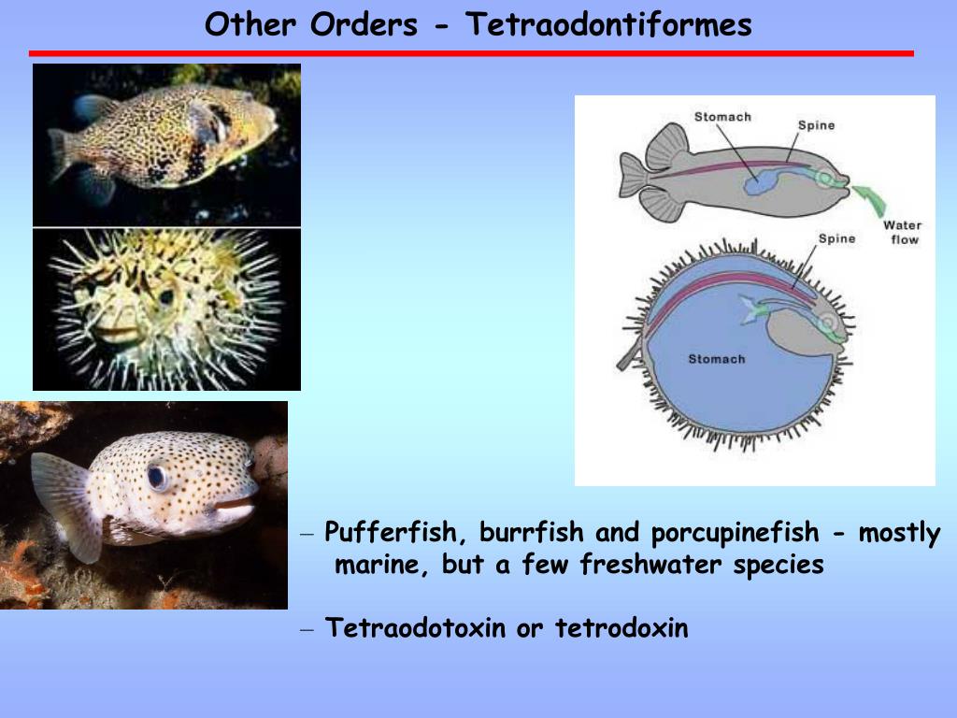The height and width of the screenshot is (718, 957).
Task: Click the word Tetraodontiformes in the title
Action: tap(608, 24)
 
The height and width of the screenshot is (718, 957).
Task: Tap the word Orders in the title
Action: tap(364, 24)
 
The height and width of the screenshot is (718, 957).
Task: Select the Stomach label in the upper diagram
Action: tap(722, 117)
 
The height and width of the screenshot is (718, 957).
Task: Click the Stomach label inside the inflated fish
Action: tap(717, 359)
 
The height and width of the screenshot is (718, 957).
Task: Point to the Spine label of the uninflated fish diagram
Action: tap(816, 125)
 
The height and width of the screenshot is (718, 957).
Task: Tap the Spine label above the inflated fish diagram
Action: tap(836, 238)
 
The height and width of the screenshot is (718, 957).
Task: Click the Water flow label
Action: tap(903, 232)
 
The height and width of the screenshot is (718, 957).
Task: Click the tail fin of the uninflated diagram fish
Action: tap(636, 176)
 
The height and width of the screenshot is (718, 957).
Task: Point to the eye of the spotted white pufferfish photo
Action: tap(158, 476)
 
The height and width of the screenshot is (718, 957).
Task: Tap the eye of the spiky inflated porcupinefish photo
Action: tap(167, 297)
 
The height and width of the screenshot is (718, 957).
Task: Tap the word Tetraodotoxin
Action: tap(416, 628)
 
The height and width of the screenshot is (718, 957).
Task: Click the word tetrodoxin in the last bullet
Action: tap(621, 628)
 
